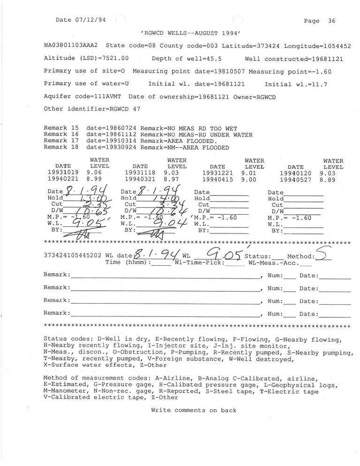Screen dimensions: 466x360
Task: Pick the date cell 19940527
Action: click(295, 180)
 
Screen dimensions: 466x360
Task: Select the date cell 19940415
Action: click(217, 180)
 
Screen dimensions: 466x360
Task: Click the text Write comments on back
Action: click(194, 410)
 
